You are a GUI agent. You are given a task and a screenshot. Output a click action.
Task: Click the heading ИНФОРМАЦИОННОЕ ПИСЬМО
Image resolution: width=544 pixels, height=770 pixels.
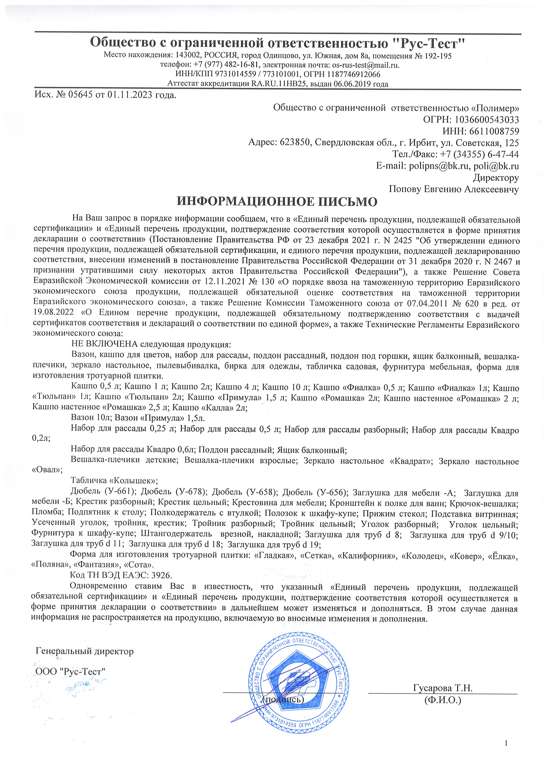coord(277,201)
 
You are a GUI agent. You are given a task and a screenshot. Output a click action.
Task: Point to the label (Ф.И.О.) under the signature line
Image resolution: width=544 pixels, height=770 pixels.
coord(442,700)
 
